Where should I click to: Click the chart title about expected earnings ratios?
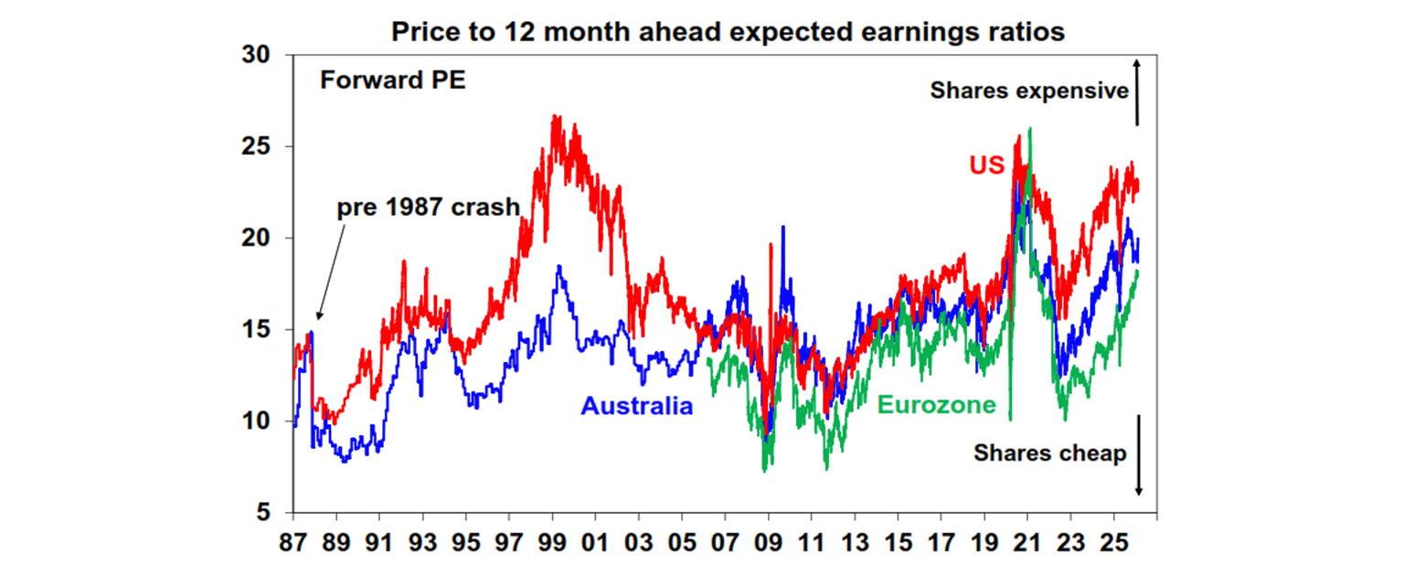[x=728, y=32]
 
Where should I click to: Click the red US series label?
[x=987, y=165]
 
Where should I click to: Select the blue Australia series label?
[x=637, y=406]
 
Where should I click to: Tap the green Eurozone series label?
[x=936, y=404]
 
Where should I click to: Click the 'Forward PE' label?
[x=392, y=80]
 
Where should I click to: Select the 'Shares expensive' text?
[x=1029, y=91]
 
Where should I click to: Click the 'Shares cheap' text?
[x=1049, y=453]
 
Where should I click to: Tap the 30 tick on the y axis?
[x=258, y=56]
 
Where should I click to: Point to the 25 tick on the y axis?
[x=258, y=147]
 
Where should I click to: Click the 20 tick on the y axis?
[x=258, y=239]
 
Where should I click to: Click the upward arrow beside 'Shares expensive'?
[x=1138, y=91]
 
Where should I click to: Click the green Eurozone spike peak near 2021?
[x=1030, y=129]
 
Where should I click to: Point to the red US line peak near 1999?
[x=554, y=117]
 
